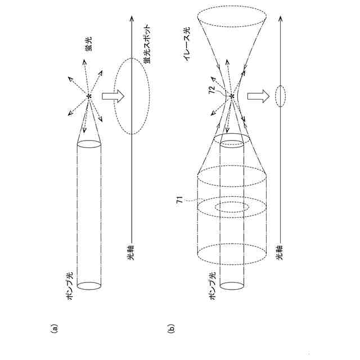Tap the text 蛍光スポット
pos(147,43)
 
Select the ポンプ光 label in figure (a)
pos(70,286)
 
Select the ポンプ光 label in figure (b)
pos(213,286)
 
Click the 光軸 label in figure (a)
pos(130,253)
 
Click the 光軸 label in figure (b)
pos(280,253)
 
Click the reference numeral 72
pos(211,89)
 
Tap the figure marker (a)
pos(54,328)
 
